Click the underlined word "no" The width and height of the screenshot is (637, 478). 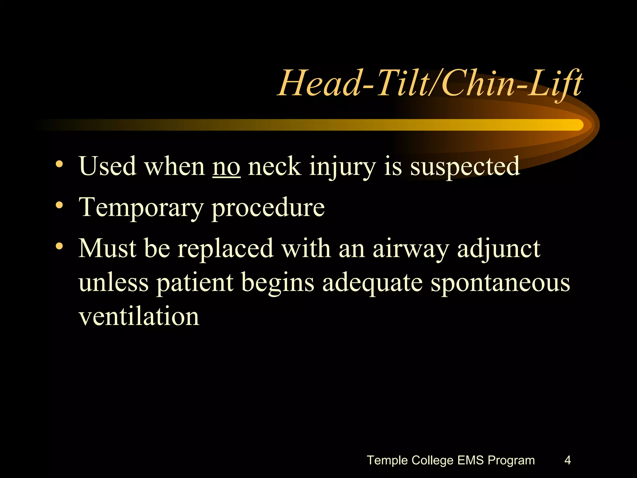(x=226, y=167)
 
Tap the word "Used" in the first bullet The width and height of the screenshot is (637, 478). (x=108, y=166)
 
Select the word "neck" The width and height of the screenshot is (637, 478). (x=274, y=166)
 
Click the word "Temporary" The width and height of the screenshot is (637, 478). (x=141, y=208)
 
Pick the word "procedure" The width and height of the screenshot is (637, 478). (x=268, y=208)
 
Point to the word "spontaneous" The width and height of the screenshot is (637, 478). (x=500, y=283)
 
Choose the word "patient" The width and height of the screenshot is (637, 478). (x=195, y=283)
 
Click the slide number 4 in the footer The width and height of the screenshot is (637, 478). (x=567, y=460)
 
